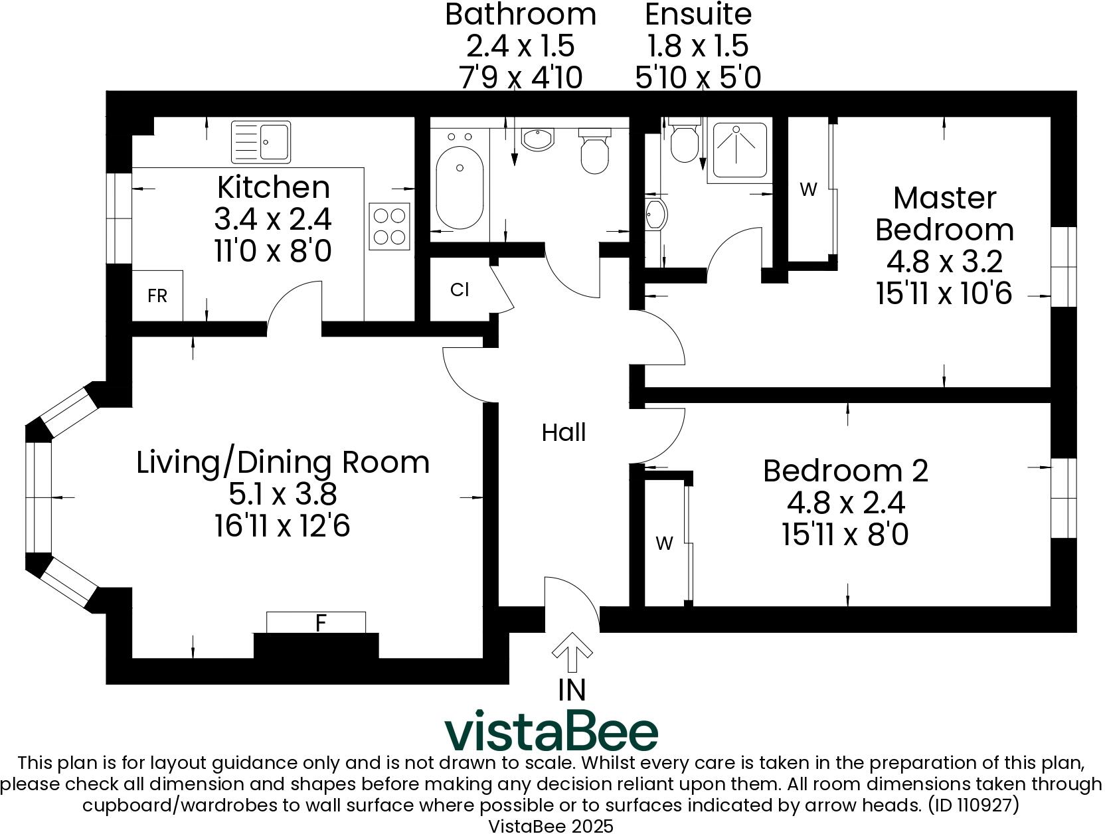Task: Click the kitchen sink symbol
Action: click(261, 141)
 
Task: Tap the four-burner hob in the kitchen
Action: click(389, 226)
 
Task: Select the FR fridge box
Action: click(157, 295)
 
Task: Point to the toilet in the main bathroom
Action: click(594, 151)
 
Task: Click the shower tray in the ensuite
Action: click(740, 149)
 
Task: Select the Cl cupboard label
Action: click(460, 290)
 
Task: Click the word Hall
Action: click(564, 433)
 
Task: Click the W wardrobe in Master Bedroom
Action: click(808, 190)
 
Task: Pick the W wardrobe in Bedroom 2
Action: click(665, 544)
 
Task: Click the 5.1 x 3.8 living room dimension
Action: click(283, 494)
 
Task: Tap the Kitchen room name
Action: click(273, 187)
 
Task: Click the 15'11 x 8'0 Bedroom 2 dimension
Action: click(845, 535)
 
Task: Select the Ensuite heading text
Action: click(698, 14)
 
